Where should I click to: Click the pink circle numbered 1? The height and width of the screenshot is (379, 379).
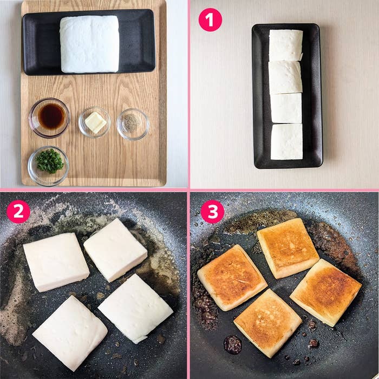pyautogui.click(x=210, y=19)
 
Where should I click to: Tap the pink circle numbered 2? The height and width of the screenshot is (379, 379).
pyautogui.click(x=18, y=212)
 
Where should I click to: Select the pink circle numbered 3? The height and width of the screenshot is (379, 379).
pyautogui.click(x=212, y=212)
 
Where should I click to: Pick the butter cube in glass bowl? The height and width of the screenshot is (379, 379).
pyautogui.click(x=95, y=122)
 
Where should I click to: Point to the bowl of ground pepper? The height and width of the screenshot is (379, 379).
pyautogui.click(x=132, y=123)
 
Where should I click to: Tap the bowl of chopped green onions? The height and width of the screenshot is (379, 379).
pyautogui.click(x=49, y=162)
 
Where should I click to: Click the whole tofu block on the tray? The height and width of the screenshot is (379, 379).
pyautogui.click(x=89, y=44)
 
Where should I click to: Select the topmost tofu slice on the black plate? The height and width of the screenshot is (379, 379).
pyautogui.click(x=286, y=45)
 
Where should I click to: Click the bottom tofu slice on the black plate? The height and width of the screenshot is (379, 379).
pyautogui.click(x=286, y=141)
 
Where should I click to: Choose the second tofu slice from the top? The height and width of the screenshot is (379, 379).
pyautogui.click(x=285, y=77)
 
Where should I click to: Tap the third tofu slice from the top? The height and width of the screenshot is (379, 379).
pyautogui.click(x=286, y=108)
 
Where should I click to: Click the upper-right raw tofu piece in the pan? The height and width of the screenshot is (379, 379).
pyautogui.click(x=115, y=250)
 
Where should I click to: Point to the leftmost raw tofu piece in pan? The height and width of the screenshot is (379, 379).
pyautogui.click(x=56, y=262)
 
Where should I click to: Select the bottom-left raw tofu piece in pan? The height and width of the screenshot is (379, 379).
pyautogui.click(x=70, y=332)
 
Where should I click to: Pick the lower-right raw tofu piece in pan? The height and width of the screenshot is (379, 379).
pyautogui.click(x=135, y=308)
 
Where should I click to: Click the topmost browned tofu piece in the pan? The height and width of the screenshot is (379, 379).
pyautogui.click(x=287, y=247)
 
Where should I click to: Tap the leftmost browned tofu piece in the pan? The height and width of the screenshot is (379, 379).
pyautogui.click(x=232, y=277)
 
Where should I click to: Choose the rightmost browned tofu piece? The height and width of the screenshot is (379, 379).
pyautogui.click(x=325, y=292)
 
